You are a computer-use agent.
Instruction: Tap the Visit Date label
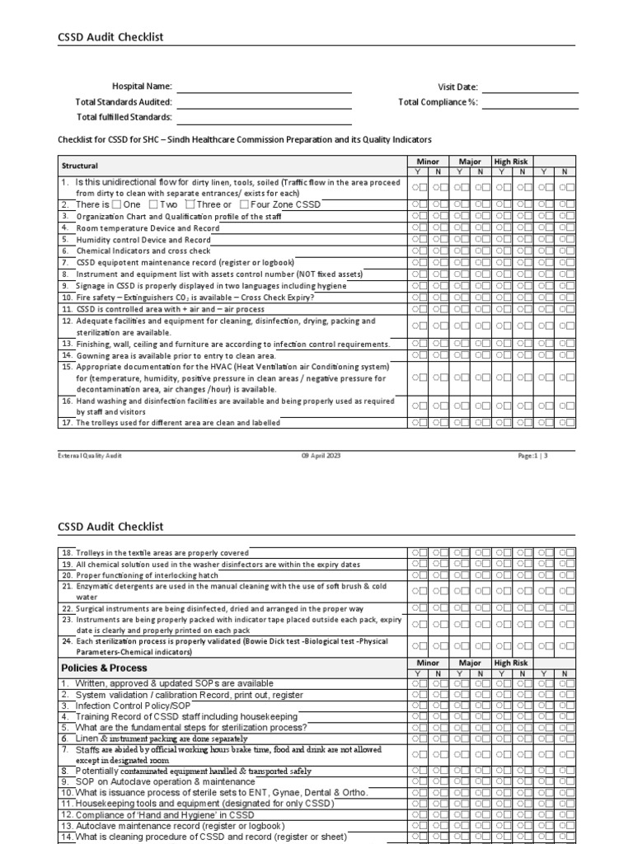[457, 87]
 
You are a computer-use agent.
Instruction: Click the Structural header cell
[80, 166]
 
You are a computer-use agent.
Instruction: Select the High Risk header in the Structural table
[511, 162]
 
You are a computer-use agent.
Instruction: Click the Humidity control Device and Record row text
[134, 239]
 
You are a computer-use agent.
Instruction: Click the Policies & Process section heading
[104, 667]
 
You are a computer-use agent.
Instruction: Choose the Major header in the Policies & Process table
[470, 663]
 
